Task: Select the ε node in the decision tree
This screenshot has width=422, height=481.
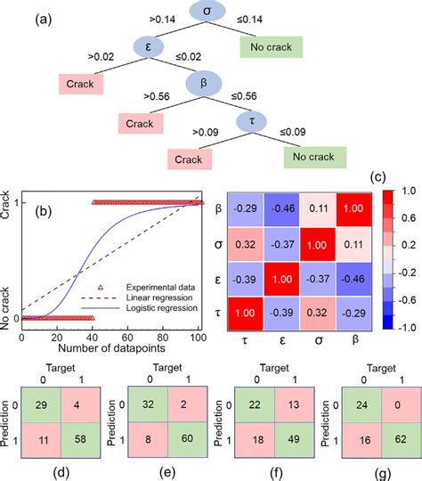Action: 149,46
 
